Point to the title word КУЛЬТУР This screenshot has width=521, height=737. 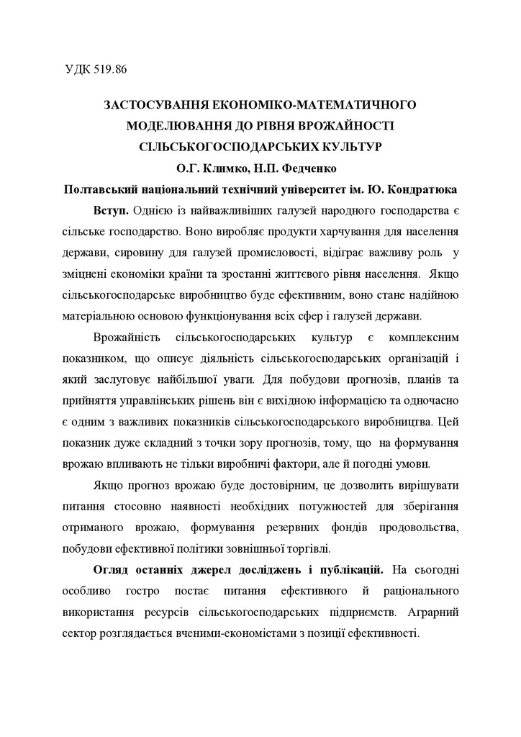pyautogui.click(x=350, y=145)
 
